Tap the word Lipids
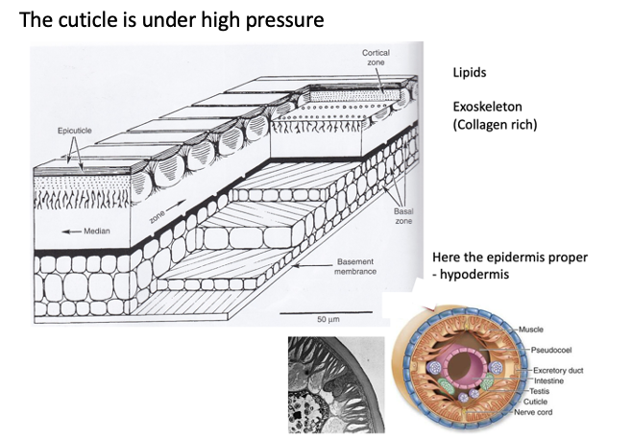pos(473,73)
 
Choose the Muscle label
pos(531,330)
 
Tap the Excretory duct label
pos(561,370)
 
